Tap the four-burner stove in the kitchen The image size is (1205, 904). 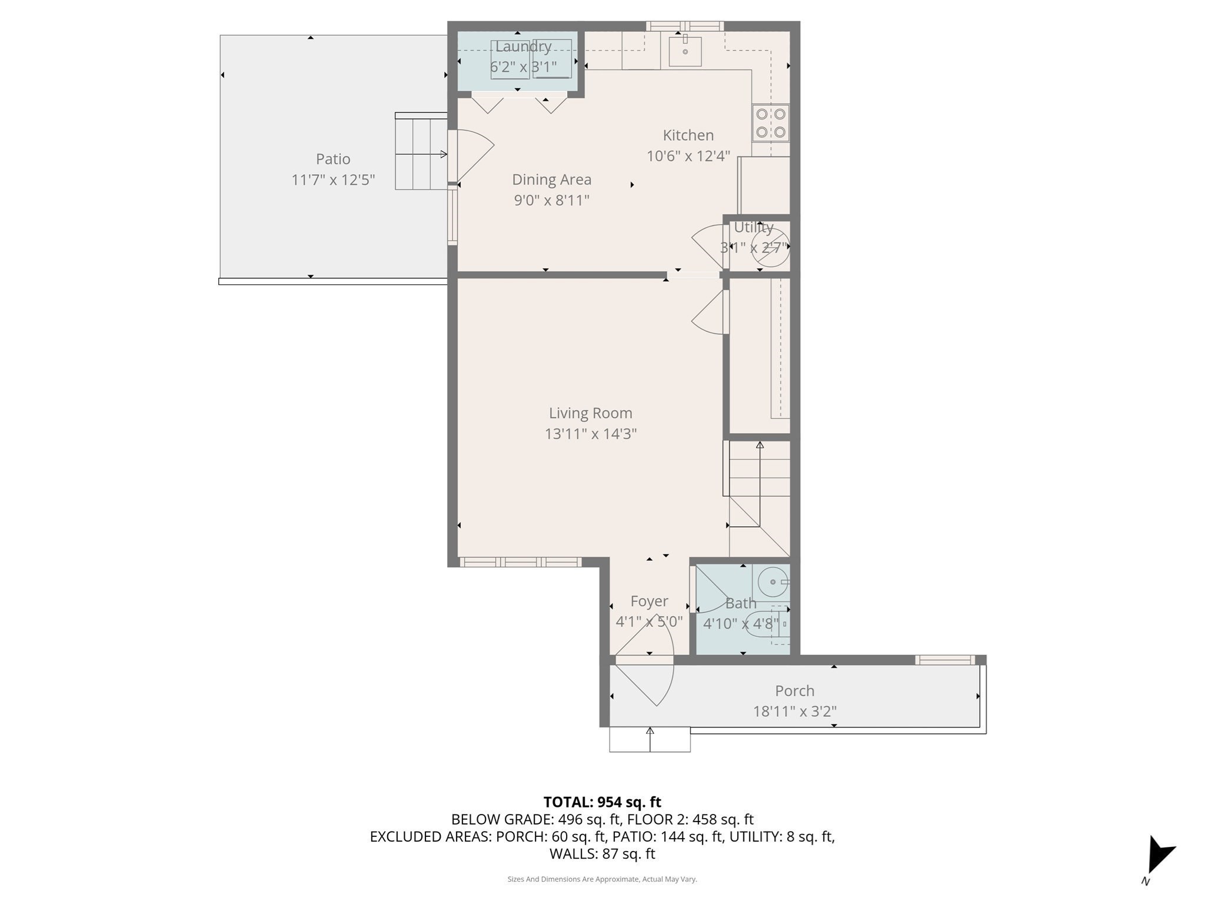pyautogui.click(x=770, y=124)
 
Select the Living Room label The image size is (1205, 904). pyautogui.click(x=590, y=413)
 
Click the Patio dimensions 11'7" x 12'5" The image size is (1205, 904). pyautogui.click(x=333, y=180)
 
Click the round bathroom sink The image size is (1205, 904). pyautogui.click(x=772, y=581)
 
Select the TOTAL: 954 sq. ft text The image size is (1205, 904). pyautogui.click(x=602, y=802)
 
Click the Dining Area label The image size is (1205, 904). pyautogui.click(x=551, y=180)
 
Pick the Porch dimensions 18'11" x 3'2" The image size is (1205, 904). pyautogui.click(x=794, y=712)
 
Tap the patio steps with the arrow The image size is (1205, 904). pyautogui.click(x=421, y=154)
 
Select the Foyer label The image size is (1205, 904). pyautogui.click(x=649, y=601)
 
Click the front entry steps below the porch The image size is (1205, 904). pyautogui.click(x=650, y=740)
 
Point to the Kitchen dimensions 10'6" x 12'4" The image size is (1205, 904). pyautogui.click(x=688, y=156)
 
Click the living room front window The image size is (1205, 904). pyautogui.click(x=520, y=562)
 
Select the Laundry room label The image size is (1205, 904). pyautogui.click(x=523, y=46)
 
